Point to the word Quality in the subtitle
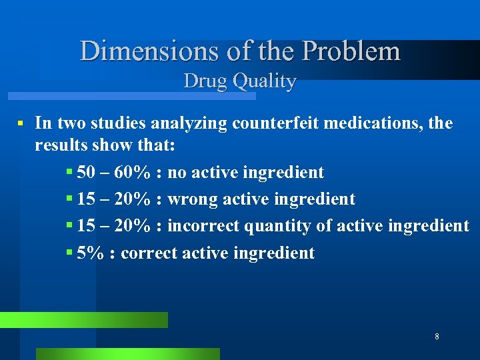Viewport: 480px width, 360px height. (265, 81)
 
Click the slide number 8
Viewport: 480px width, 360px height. (437, 337)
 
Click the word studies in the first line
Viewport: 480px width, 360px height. (122, 123)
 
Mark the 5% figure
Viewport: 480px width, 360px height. (91, 253)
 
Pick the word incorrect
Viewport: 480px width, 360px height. (203, 226)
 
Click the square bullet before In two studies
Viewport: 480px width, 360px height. (21, 123)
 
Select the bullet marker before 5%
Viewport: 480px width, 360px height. (70, 253)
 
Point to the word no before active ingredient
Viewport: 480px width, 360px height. (177, 173)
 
